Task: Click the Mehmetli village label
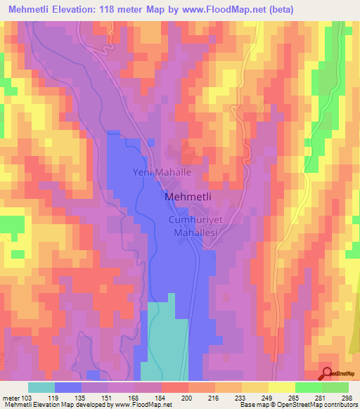click(x=189, y=197)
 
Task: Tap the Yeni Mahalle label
click(x=162, y=171)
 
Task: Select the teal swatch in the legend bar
click(x=41, y=387)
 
